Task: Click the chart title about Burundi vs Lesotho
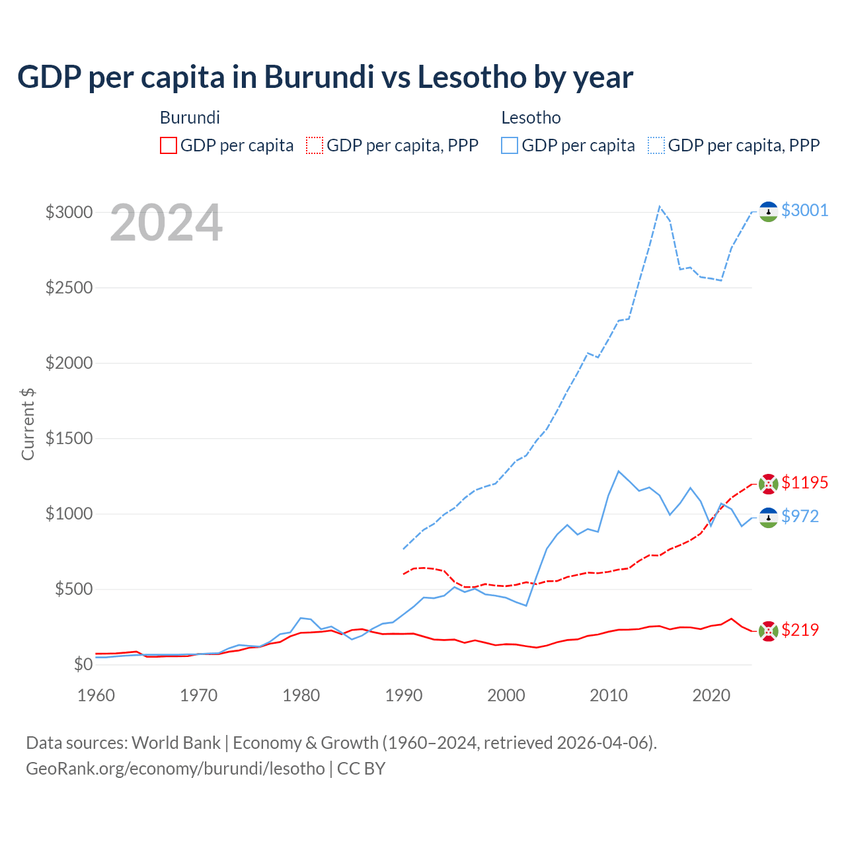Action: pyautogui.click(x=325, y=77)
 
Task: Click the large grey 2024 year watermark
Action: pyautogui.click(x=166, y=223)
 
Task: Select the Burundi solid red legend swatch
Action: pyautogui.click(x=169, y=145)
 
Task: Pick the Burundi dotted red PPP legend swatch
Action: pyautogui.click(x=315, y=145)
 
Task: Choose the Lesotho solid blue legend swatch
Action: pyautogui.click(x=510, y=145)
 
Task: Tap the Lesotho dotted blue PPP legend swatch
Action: pyautogui.click(x=656, y=145)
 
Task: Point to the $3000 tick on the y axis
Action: pyautogui.click(x=68, y=212)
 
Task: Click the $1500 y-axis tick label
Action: pyautogui.click(x=68, y=438)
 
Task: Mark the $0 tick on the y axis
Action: pyautogui.click(x=82, y=664)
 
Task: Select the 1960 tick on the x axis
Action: pyautogui.click(x=96, y=695)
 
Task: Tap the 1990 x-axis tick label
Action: pyautogui.click(x=404, y=695)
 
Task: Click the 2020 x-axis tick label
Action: pyautogui.click(x=711, y=695)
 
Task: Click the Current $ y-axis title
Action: pyautogui.click(x=28, y=424)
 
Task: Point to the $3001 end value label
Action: pyautogui.click(x=804, y=210)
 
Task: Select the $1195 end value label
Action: pyautogui.click(x=804, y=482)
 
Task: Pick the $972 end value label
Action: pyautogui.click(x=800, y=516)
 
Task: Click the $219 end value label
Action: pyautogui.click(x=800, y=630)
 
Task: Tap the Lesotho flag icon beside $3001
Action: pyautogui.click(x=768, y=211)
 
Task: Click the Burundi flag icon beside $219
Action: pyautogui.click(x=768, y=631)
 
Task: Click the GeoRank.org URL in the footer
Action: pyautogui.click(x=175, y=769)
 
